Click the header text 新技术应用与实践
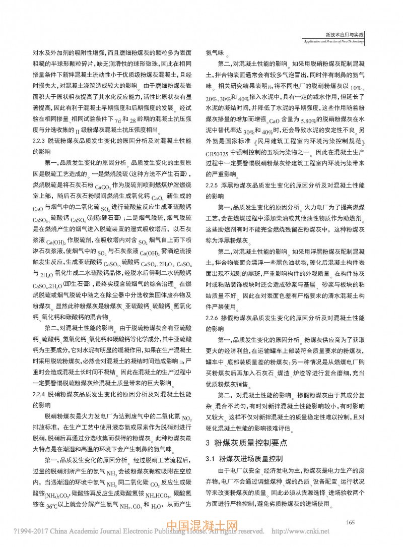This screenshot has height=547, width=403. [346, 34]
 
